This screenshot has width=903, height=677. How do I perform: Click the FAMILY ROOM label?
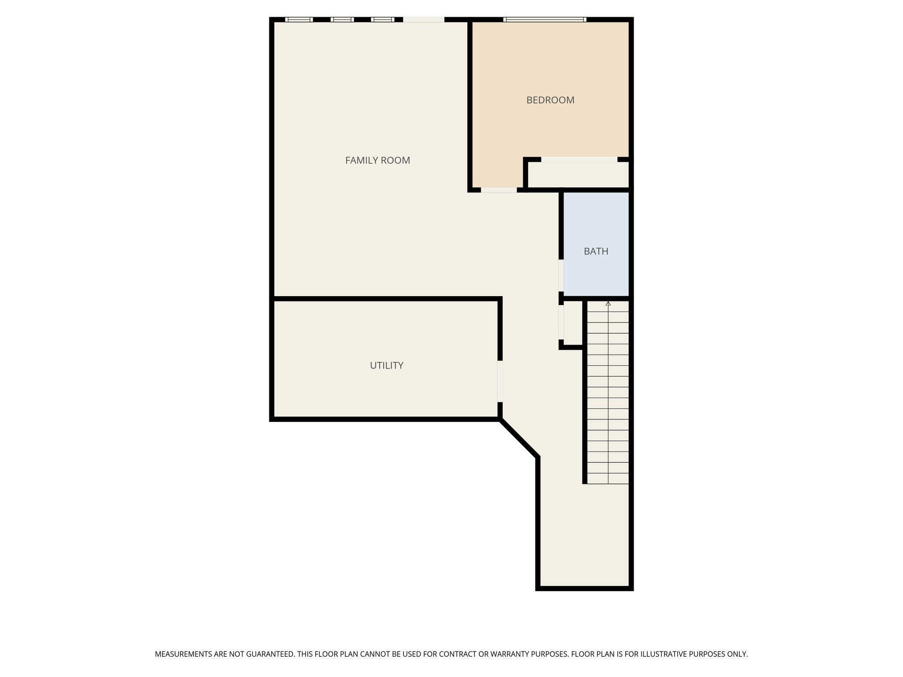[377, 160]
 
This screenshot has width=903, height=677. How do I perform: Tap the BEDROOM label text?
[550, 100]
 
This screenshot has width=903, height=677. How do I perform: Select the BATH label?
[596, 251]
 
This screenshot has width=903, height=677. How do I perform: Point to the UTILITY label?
[386, 365]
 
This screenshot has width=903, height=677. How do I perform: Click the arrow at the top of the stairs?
[608, 304]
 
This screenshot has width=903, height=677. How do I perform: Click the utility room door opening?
[500, 381]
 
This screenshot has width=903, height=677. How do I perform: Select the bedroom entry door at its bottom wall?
[499, 190]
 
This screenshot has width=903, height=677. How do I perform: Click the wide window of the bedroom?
[545, 19]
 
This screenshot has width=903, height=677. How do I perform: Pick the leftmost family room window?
[299, 19]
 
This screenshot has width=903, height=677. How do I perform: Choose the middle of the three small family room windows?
[342, 19]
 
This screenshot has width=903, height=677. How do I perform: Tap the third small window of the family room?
[383, 19]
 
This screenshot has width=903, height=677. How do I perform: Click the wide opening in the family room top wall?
[424, 19]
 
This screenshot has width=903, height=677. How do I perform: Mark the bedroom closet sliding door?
[579, 160]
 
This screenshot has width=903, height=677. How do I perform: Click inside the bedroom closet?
[578, 175]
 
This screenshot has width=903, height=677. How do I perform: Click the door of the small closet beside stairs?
[561, 322]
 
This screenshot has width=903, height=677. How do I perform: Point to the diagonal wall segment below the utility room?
[519, 439]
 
